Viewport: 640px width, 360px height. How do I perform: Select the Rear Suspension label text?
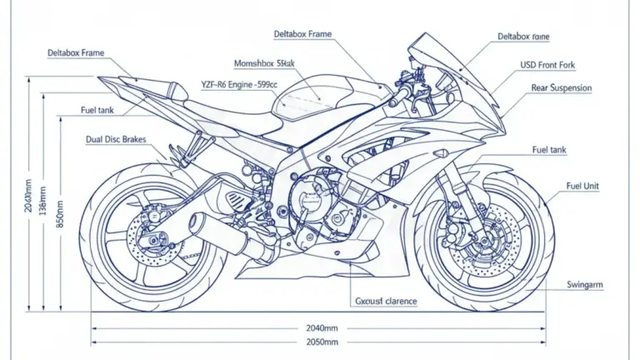point(561,87)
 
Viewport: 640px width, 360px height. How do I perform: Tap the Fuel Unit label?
point(582,186)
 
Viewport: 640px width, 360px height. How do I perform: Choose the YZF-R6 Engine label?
point(238,84)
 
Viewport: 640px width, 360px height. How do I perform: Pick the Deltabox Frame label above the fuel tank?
point(302,34)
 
